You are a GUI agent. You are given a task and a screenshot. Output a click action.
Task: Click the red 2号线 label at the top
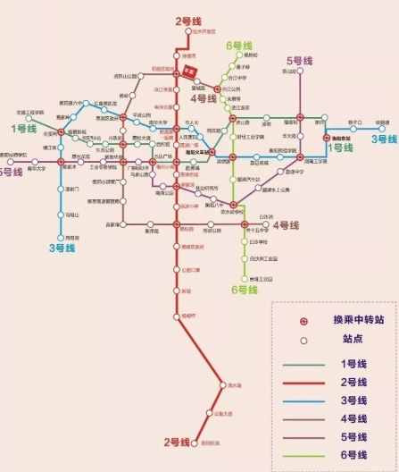[188, 21]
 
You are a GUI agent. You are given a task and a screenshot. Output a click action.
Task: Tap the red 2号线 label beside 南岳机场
[179, 442]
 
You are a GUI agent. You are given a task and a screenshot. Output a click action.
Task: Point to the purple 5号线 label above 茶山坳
[301, 61]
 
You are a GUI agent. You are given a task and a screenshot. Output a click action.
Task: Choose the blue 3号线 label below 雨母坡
[62, 248]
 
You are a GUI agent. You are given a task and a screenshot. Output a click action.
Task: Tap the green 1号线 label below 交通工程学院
[24, 129]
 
